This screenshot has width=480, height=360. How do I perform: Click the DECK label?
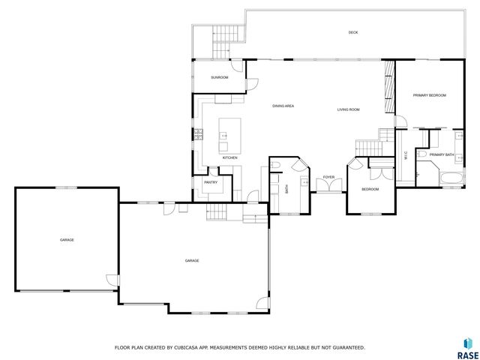pyautogui.click(x=352, y=32)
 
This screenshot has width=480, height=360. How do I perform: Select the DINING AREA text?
pyautogui.click(x=283, y=106)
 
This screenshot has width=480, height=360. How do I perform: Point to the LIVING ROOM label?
pyautogui.click(x=348, y=109)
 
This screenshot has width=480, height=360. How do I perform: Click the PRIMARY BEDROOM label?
pyautogui.click(x=430, y=95)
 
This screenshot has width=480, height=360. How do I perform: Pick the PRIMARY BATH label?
pyautogui.click(x=442, y=154)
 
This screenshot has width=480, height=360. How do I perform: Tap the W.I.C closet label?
pyautogui.click(x=406, y=157)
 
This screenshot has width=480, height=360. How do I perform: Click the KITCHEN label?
pyautogui.click(x=229, y=157)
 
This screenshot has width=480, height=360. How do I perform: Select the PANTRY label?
pyautogui.click(x=210, y=182)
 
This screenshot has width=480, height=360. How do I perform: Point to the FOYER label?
pyautogui.click(x=328, y=178)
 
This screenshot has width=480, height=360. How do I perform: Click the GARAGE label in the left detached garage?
pyautogui.click(x=67, y=239)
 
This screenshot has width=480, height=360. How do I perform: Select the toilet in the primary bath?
pyautogui.click(x=422, y=154)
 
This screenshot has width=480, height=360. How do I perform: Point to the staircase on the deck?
pyautogui.click(x=226, y=35)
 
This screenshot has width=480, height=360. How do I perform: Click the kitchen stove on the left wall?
pyautogui.click(x=199, y=134)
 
